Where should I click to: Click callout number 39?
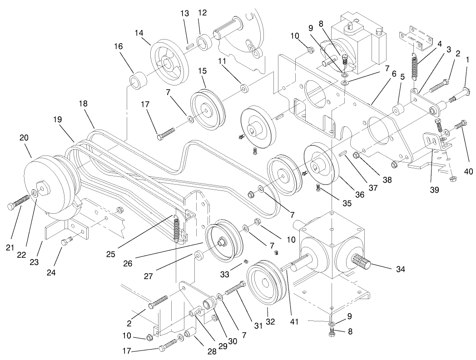tap(434, 190)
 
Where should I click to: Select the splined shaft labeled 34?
tap(361, 262)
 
